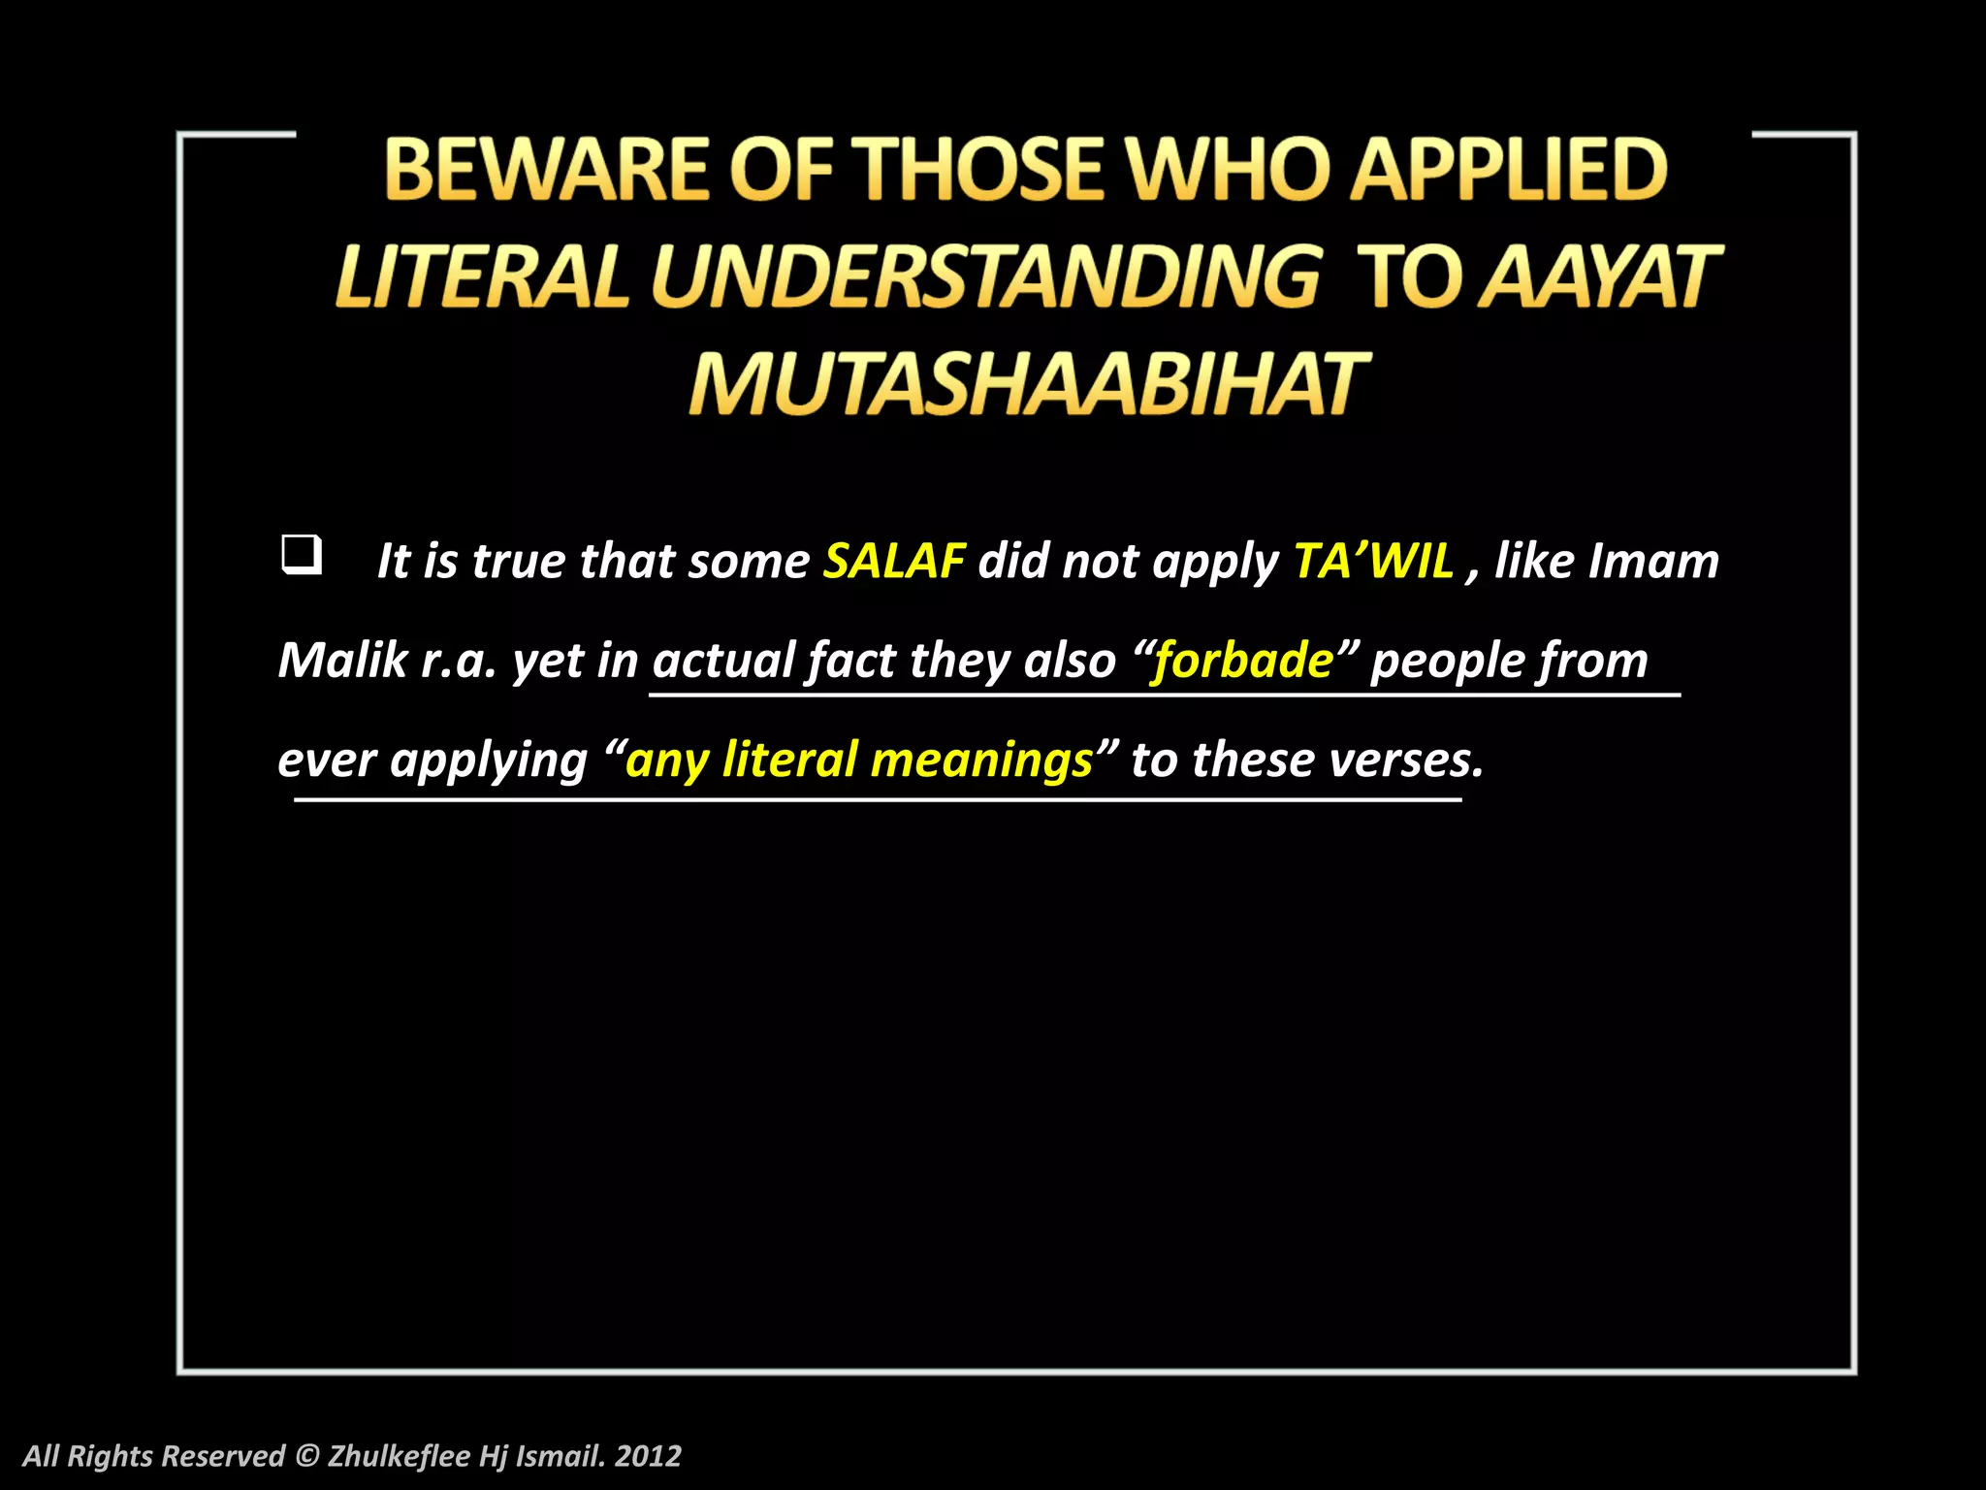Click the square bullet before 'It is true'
[x=301, y=556]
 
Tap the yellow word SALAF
[x=894, y=561]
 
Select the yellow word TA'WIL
[x=1373, y=561]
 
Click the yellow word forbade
[x=1243, y=661]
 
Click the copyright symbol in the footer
[x=306, y=1456]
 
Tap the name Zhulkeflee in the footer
[x=399, y=1456]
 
